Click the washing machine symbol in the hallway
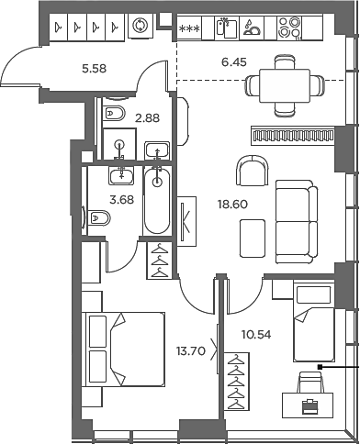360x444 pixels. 140,28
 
